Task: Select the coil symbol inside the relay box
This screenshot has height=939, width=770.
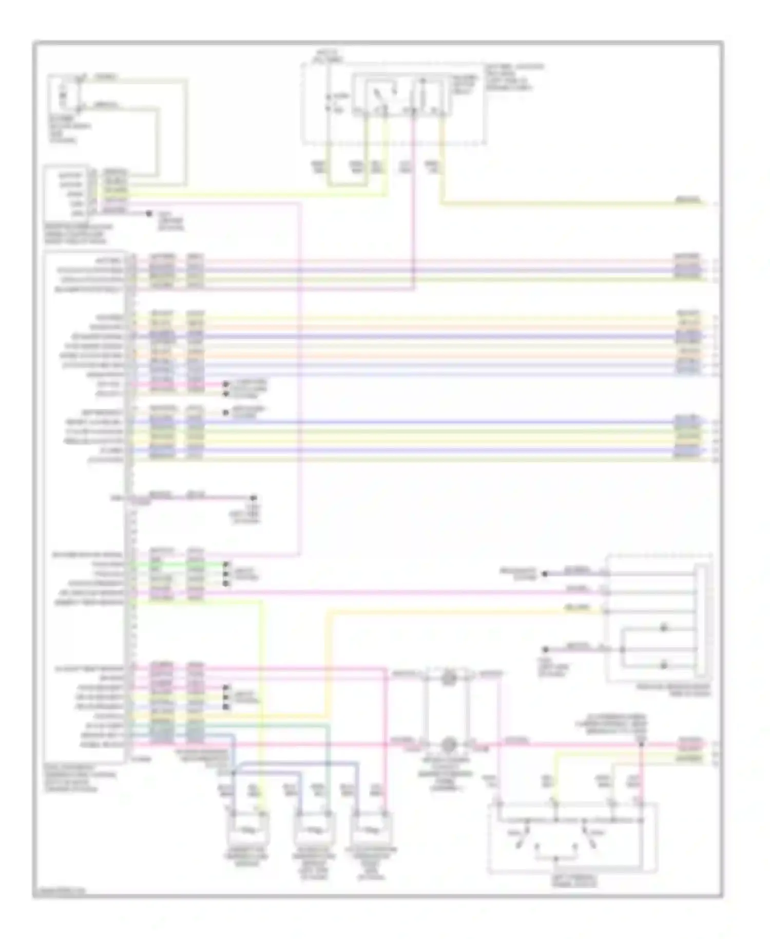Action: click(x=422, y=96)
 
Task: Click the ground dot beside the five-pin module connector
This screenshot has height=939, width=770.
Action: click(x=149, y=213)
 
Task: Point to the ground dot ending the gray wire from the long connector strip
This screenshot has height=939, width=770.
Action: click(x=253, y=498)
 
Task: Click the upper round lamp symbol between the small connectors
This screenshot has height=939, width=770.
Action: click(x=449, y=678)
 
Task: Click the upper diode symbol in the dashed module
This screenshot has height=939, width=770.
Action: click(x=663, y=628)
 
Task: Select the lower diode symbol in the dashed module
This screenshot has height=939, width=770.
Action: click(x=663, y=665)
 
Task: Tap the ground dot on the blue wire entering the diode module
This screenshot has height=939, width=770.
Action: click(x=545, y=574)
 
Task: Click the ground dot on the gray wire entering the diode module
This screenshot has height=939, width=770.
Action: click(x=546, y=649)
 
